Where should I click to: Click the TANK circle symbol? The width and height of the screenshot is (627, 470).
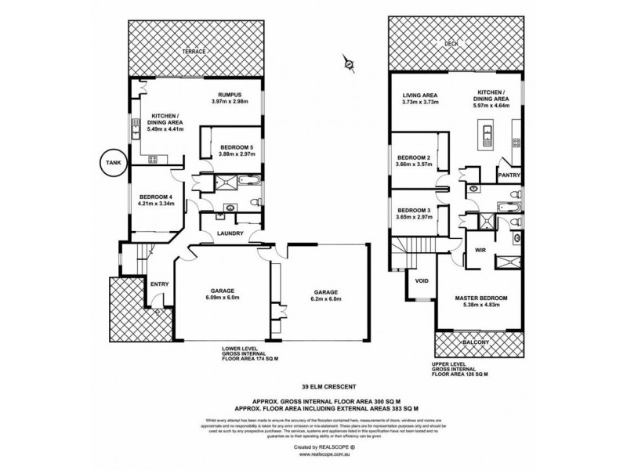coord(107,163)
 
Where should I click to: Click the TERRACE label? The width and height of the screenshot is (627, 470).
coord(194,52)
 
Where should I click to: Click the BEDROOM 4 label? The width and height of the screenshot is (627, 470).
coord(155,197)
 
